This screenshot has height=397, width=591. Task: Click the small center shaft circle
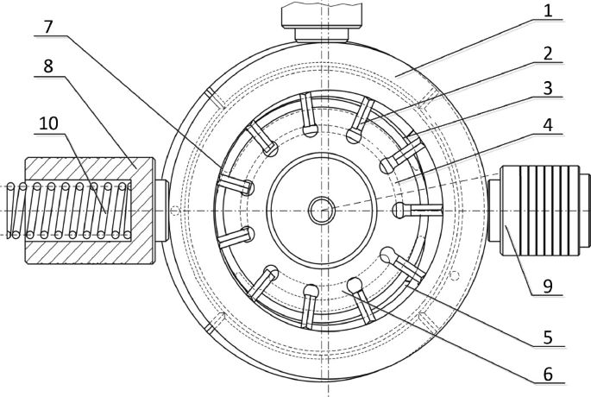(323, 209)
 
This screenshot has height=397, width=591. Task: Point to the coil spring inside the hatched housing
(73, 211)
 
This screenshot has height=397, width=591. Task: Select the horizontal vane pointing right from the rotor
(420, 210)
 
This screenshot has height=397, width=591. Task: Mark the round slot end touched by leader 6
(353, 285)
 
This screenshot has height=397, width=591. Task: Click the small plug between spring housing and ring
(161, 210)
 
